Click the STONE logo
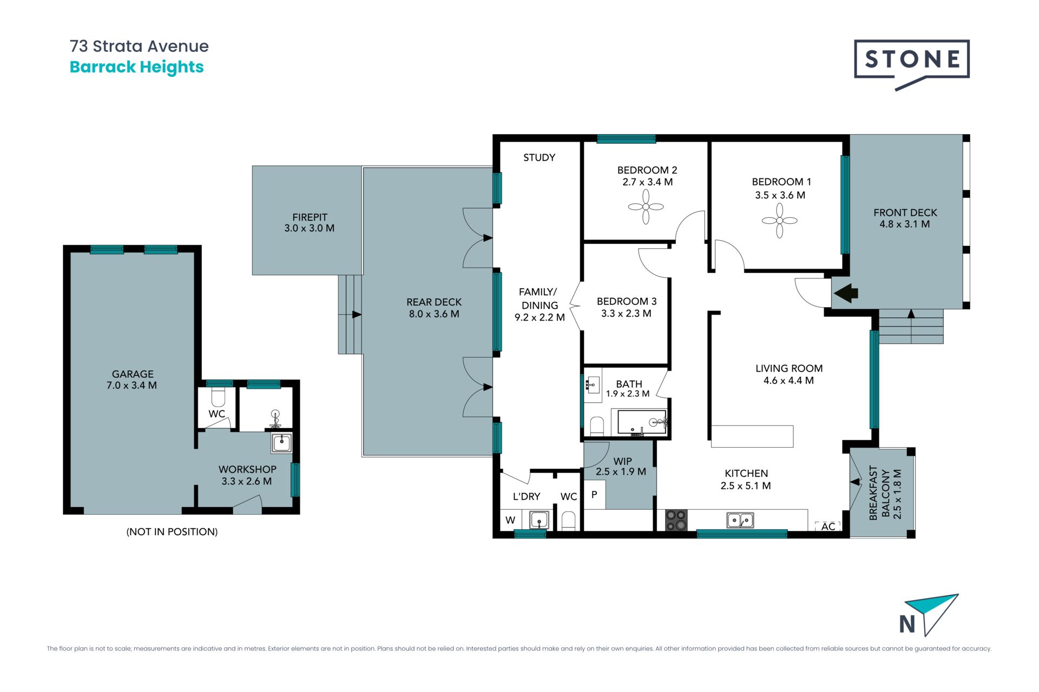point(912,64)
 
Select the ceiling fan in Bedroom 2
point(646,207)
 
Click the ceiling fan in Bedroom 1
point(779,220)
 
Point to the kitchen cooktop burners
point(676,520)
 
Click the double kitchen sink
point(740,520)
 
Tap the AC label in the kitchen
point(828,527)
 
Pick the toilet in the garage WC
point(218,397)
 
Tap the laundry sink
point(540,521)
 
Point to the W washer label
point(510,520)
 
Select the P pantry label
point(594,494)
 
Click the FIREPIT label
point(310,217)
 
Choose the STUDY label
point(539,157)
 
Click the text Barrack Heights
point(137,67)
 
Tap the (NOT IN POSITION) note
point(172,532)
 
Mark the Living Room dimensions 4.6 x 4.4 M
point(788,381)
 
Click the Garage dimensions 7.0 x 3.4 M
point(131,385)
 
